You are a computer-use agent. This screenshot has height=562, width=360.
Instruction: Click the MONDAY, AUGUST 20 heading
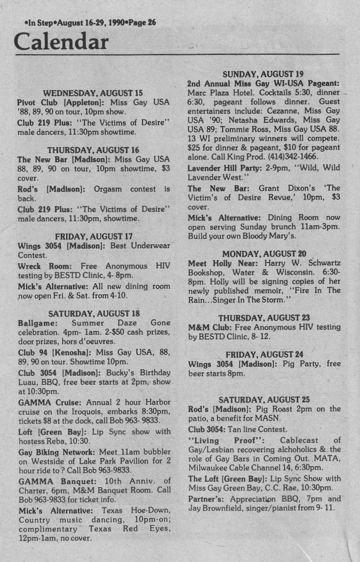[x=264, y=254]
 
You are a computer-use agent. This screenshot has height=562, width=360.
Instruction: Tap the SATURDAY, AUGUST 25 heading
[x=264, y=399]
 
